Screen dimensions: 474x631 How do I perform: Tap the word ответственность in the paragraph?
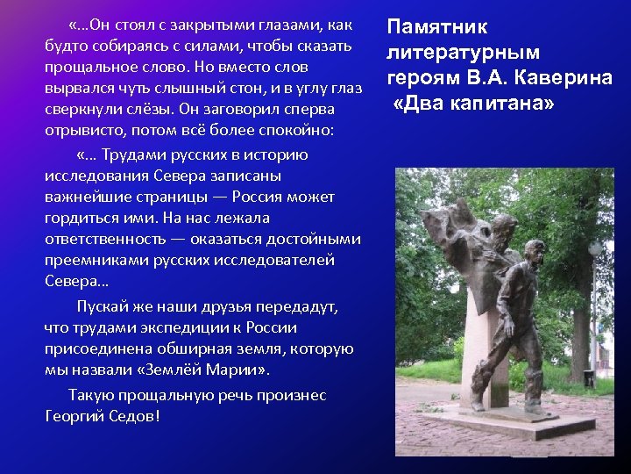(x=104, y=239)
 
